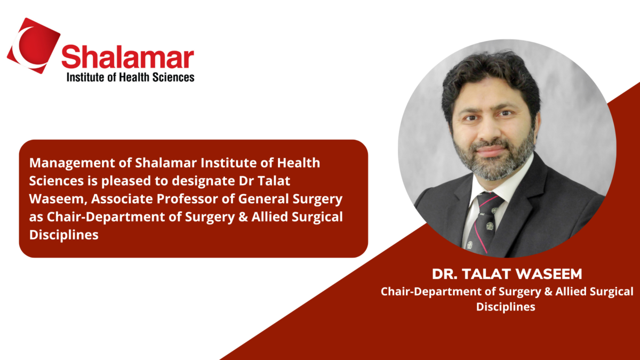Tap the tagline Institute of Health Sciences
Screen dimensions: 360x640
130,77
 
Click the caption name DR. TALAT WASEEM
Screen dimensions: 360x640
506,275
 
